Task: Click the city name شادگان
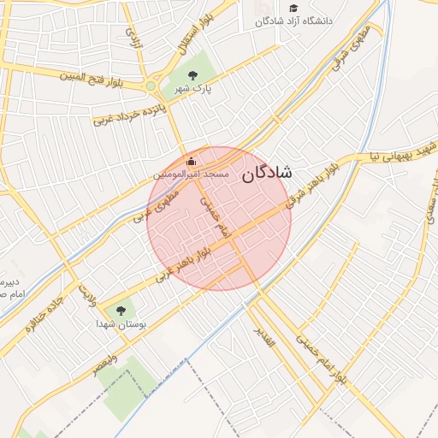click(x=266, y=173)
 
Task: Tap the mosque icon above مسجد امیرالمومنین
click(x=191, y=161)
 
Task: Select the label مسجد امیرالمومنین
click(x=191, y=174)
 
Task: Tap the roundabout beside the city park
click(x=151, y=86)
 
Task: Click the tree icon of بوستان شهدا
click(x=121, y=311)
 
